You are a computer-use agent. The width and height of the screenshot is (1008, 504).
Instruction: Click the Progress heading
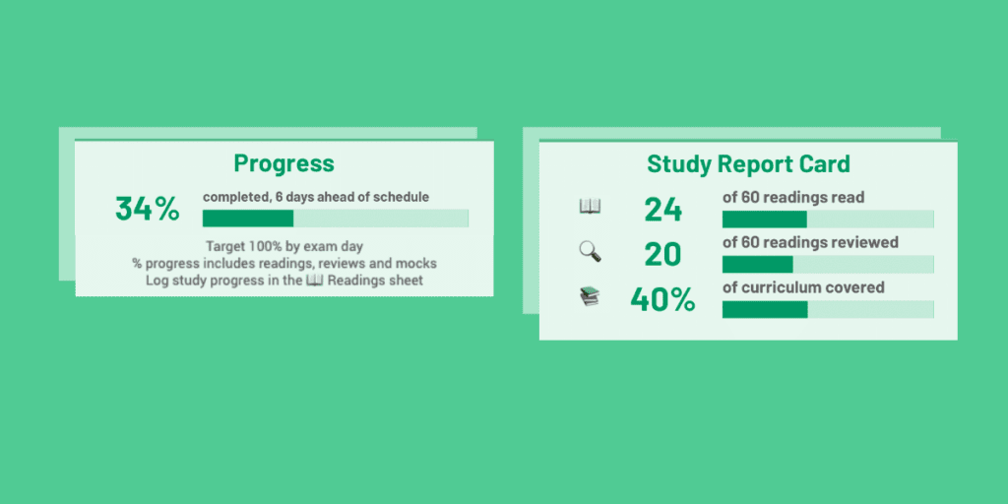[283, 163]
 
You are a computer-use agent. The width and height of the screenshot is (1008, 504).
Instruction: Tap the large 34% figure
[148, 209]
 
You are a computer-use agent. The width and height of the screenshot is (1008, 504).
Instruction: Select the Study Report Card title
[748, 163]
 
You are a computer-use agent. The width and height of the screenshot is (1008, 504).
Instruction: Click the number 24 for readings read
[662, 209]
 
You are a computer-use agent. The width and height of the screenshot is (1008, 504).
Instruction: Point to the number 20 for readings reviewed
[662, 254]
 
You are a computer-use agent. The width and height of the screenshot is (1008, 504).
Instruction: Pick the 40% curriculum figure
[662, 300]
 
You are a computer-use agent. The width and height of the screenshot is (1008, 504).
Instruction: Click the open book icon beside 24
[590, 207]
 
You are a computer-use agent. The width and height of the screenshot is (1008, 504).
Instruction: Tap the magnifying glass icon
[590, 252]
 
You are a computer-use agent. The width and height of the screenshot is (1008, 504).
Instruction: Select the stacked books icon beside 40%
[590, 297]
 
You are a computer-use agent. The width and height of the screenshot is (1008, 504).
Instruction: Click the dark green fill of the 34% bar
[248, 219]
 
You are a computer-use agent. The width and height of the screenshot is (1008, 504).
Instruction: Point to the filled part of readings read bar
[765, 219]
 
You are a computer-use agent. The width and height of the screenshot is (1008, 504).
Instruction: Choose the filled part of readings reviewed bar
[757, 264]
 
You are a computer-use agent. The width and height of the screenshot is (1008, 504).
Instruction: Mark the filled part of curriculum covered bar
[765, 310]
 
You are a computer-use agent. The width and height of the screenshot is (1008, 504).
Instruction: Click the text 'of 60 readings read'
[793, 198]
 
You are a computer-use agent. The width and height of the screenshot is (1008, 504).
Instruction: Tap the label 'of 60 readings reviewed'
[810, 243]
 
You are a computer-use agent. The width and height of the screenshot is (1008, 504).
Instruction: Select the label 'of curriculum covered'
[803, 288]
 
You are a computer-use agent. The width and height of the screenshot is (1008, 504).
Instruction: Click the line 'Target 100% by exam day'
[284, 246]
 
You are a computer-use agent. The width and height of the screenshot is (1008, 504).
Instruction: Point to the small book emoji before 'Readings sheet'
[314, 282]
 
